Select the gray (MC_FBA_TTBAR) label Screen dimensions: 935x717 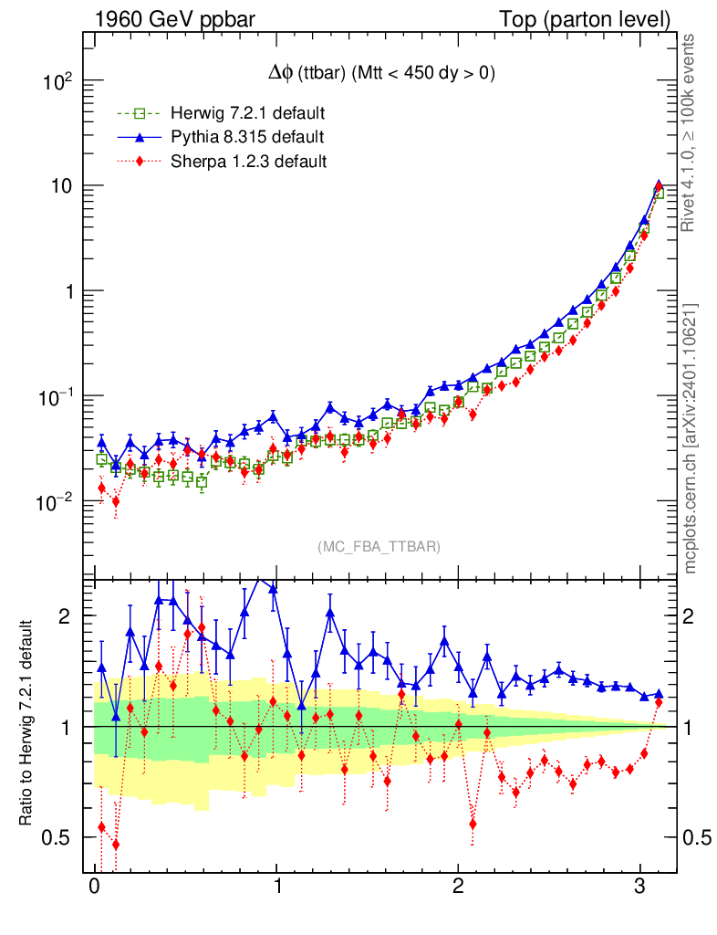click(x=379, y=546)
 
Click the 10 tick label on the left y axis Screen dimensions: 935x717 click(x=59, y=186)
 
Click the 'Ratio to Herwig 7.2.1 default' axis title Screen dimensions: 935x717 click(x=27, y=724)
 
